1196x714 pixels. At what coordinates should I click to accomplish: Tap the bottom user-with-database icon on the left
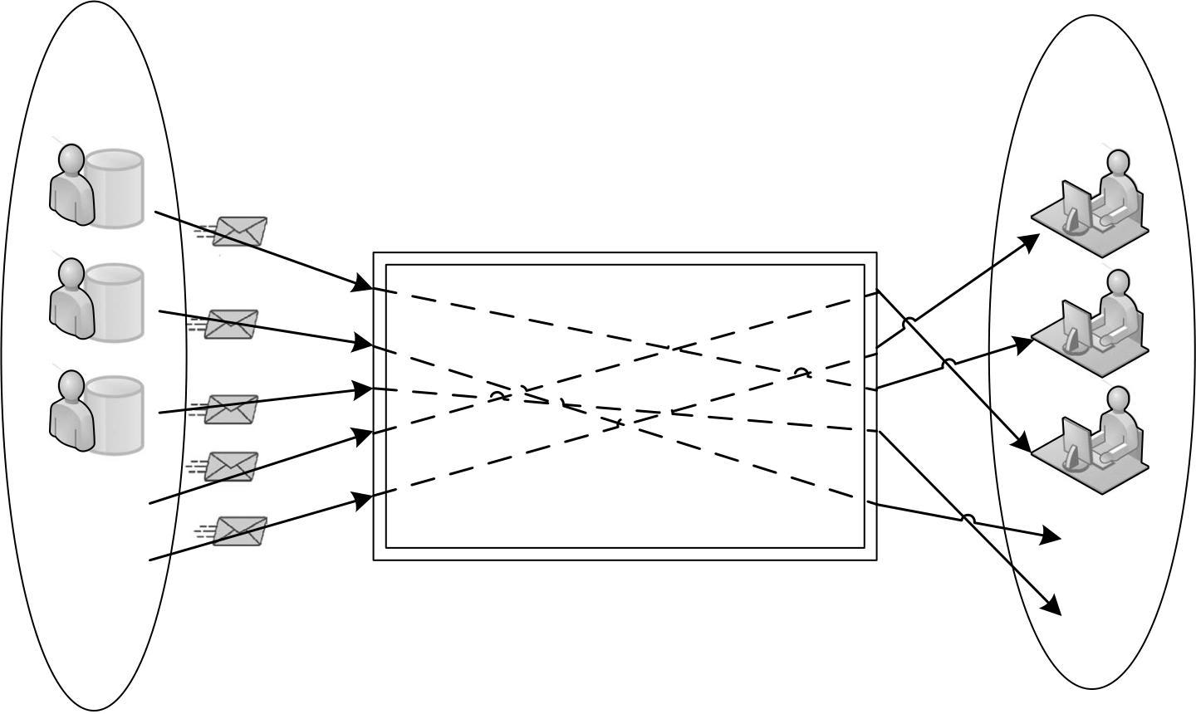96,413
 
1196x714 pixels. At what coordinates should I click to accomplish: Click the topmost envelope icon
240,231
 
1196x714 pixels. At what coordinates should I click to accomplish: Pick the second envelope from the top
230,324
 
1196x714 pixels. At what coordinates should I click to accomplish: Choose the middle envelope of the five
231,409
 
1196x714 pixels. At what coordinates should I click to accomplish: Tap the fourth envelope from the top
231,467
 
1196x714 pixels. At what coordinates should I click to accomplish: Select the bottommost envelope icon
239,531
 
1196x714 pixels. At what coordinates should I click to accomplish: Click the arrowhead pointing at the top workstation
1031,241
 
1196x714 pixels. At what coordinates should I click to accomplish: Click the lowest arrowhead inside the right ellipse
1052,606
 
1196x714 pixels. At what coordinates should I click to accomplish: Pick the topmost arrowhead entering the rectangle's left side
362,286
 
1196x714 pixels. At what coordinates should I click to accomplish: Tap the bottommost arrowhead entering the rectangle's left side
362,500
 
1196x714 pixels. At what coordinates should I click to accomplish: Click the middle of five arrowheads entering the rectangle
362,389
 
